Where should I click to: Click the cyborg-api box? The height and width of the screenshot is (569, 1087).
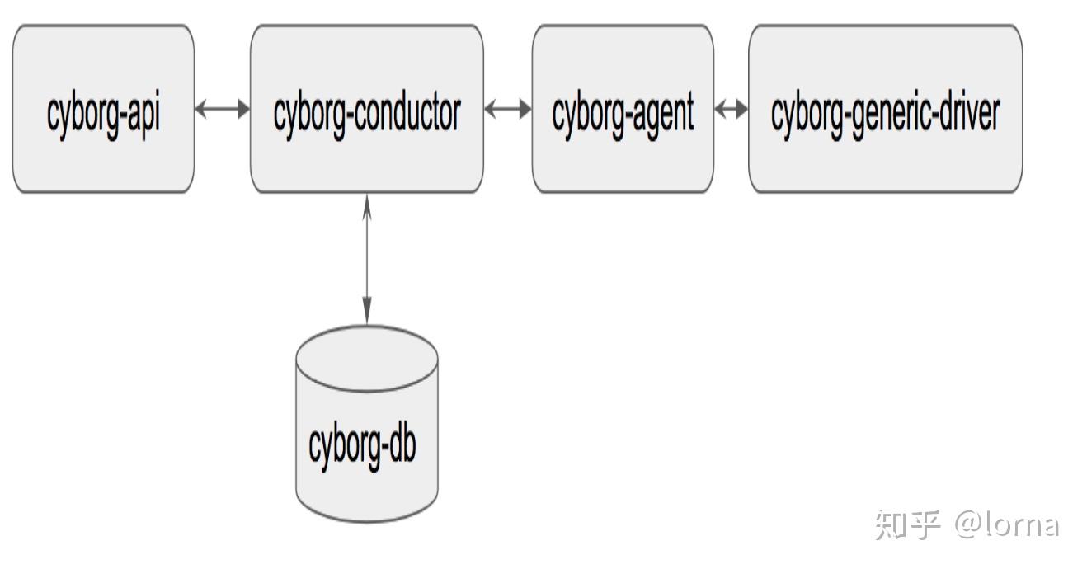(x=103, y=108)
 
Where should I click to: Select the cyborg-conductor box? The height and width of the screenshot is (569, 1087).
(x=366, y=108)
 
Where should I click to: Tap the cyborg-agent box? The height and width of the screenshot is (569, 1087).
(x=623, y=108)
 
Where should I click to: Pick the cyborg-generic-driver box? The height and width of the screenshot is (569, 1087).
(x=885, y=108)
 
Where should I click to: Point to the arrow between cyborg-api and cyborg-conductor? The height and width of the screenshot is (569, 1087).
(x=223, y=109)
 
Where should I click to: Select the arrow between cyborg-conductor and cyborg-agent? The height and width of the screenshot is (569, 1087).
(x=508, y=109)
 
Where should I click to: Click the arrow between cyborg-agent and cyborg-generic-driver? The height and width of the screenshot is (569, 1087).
(x=731, y=109)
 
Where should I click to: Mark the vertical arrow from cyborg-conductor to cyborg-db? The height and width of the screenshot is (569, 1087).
(x=367, y=260)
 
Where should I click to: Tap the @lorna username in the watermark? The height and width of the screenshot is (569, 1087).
(x=1006, y=524)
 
